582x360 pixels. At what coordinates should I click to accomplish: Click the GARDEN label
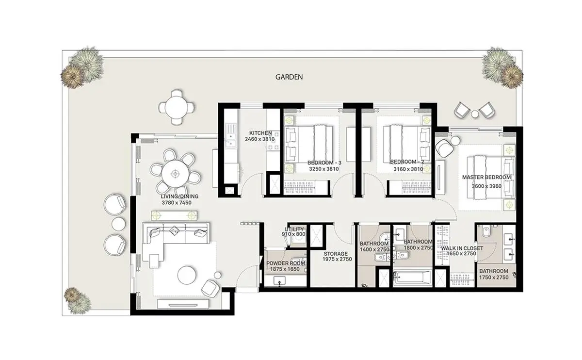[289, 77]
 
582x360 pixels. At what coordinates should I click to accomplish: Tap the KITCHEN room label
[260, 133]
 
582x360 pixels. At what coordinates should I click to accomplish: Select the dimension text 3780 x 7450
[177, 203]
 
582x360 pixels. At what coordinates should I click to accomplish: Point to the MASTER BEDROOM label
[486, 177]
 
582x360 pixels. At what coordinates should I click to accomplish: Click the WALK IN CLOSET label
[462, 248]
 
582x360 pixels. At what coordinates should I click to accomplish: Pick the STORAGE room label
[336, 254]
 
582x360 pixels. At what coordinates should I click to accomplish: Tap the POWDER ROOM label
[286, 263]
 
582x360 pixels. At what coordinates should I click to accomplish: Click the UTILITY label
[294, 229]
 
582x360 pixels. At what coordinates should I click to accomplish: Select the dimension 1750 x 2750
[494, 278]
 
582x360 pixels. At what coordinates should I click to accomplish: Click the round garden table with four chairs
[177, 107]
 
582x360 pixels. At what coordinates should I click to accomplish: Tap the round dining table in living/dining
[176, 173]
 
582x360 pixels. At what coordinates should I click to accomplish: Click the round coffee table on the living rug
[187, 275]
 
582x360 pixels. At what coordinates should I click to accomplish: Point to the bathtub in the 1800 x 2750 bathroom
[412, 278]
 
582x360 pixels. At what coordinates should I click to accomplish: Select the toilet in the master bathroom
[485, 231]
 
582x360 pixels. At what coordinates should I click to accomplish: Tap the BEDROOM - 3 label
[324, 163]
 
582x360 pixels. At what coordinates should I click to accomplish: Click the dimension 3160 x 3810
[408, 169]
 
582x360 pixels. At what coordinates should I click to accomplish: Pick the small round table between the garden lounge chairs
[475, 114]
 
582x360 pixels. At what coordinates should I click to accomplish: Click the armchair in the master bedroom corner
[445, 148]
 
